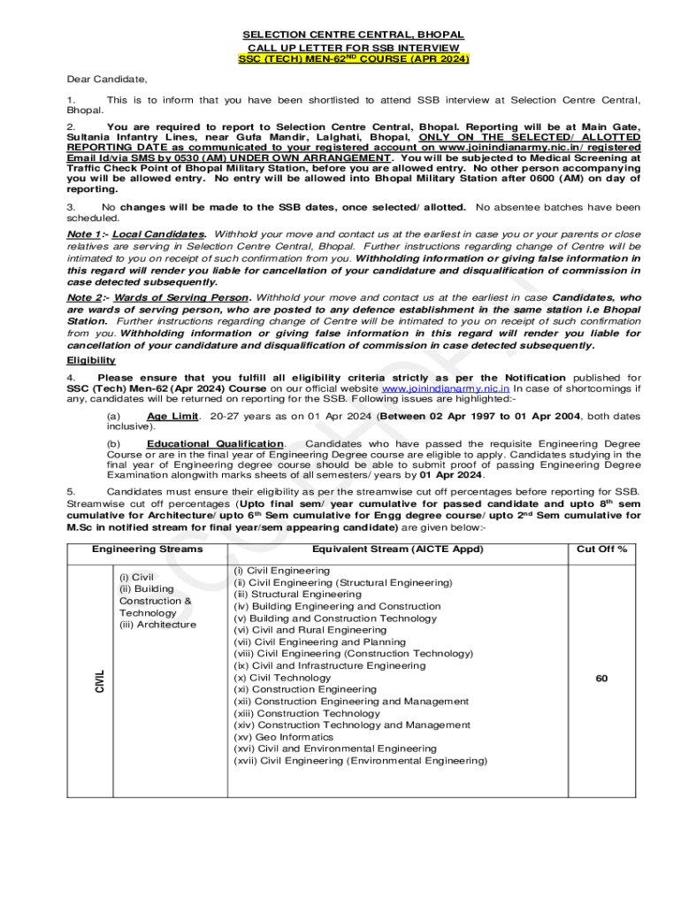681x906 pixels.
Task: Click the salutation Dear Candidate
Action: (104, 79)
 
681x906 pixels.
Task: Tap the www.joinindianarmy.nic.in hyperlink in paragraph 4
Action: (445, 388)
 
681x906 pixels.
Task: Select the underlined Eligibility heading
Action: (90, 361)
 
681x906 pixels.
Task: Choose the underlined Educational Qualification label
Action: (215, 443)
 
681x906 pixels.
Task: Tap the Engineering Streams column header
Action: (147, 549)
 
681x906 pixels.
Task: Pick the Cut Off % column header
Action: (601, 549)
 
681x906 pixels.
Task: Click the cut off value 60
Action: (601, 679)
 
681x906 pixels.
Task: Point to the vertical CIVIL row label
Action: (99, 680)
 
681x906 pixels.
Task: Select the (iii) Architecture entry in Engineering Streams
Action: (157, 625)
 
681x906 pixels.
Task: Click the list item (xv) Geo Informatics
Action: (284, 737)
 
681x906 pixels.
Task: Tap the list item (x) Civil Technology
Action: (282, 678)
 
